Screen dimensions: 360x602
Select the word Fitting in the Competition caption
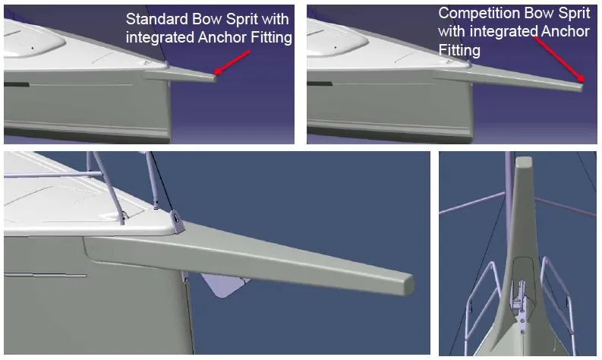[459, 50]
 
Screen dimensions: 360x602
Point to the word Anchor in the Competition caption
[564, 32]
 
